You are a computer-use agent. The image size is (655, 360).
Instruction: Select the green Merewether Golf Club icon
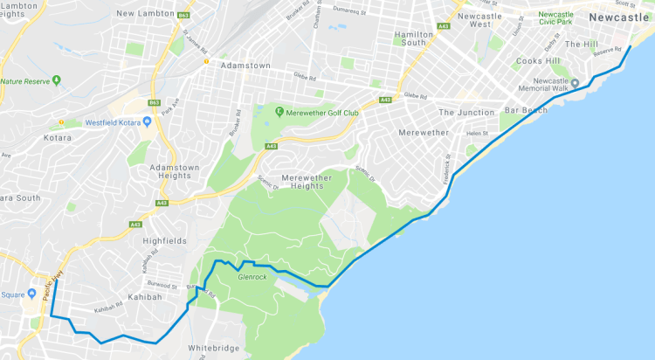(279, 111)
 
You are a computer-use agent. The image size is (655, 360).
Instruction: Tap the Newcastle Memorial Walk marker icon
(576, 73)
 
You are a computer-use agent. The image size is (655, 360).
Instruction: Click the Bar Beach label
(527, 110)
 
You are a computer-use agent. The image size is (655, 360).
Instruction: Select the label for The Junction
(466, 112)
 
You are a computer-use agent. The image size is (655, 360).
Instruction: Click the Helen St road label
(478, 133)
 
